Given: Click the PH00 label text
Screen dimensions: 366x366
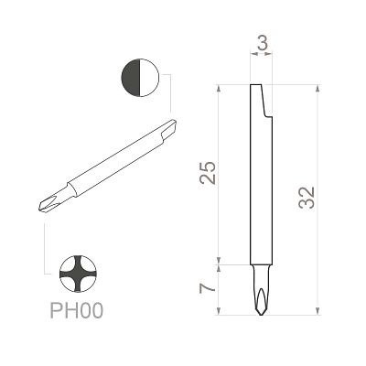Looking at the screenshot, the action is [77, 311].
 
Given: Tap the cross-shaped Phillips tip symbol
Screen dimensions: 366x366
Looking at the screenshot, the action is [78, 274].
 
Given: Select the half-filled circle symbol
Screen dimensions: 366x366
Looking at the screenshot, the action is [140, 78].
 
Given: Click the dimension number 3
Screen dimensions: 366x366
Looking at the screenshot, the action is [263, 44].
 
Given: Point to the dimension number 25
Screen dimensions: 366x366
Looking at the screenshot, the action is [208, 173].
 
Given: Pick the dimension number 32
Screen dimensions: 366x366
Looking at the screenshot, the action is [307, 198].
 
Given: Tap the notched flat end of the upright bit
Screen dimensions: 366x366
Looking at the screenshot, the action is [262, 101].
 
